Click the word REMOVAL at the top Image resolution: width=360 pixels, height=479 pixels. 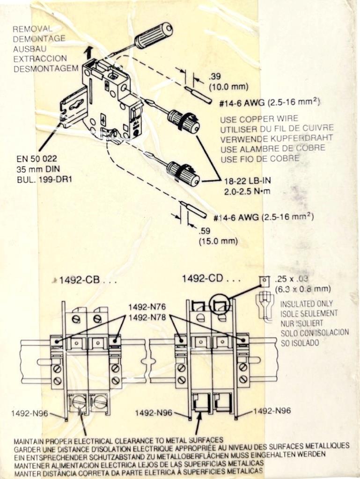click(x=32, y=29)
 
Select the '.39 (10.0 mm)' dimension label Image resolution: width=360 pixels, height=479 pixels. click(x=228, y=81)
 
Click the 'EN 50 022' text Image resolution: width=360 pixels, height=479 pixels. click(x=35, y=160)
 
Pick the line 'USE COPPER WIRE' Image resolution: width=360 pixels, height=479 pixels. click(x=259, y=119)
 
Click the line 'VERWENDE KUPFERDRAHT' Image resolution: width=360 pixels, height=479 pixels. click(x=277, y=138)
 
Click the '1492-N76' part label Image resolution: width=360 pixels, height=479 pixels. click(x=147, y=307)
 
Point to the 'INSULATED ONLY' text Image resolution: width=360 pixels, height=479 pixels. click(x=307, y=304)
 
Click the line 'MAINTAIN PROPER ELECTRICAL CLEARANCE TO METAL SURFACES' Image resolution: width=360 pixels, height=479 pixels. click(x=118, y=441)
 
